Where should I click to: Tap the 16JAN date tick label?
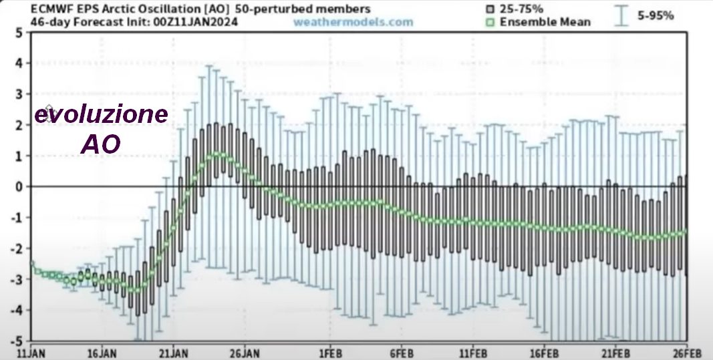103,351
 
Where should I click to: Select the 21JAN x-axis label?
173,351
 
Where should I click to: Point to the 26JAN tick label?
245,351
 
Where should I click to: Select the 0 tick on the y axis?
19,186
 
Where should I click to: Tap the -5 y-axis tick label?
16,341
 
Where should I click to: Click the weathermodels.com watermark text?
353,22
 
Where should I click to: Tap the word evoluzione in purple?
101,115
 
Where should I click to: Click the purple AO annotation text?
101,144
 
